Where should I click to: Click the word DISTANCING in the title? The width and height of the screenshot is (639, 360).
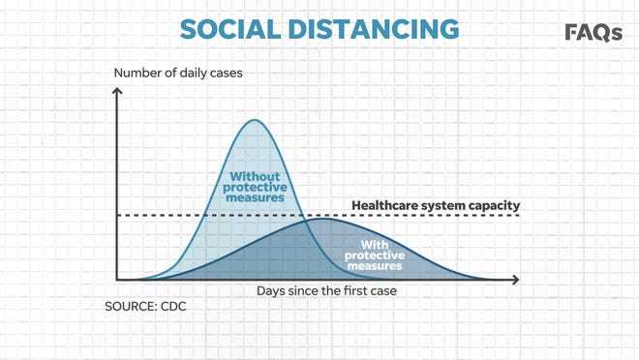pos(374,29)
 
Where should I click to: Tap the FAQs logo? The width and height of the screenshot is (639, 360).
pos(593,33)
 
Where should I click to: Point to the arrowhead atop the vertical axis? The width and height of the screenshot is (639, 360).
pos(117,91)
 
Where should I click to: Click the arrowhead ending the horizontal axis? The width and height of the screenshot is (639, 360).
pos(516,280)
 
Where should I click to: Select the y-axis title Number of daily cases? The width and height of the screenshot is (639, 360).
pos(178,73)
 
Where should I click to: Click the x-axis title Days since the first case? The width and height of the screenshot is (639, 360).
pos(326,290)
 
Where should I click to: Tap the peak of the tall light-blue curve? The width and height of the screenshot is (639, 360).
pos(255,120)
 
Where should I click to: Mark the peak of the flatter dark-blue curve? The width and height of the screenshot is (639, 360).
pos(323,219)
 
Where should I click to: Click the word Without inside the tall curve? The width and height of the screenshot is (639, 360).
pos(255,176)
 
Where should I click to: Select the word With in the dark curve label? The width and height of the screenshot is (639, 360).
pos(375,245)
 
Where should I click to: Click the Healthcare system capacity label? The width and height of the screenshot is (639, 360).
pos(436,205)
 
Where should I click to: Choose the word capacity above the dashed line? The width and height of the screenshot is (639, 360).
pos(494,206)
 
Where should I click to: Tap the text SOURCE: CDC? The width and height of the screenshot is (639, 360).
pos(145,306)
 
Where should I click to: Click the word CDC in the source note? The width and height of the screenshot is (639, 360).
pos(173,306)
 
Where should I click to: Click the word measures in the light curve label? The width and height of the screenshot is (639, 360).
pos(255,197)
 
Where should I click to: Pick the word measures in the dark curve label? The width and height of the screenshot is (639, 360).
pos(375,266)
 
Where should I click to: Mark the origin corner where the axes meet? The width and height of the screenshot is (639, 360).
pos(117,280)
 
